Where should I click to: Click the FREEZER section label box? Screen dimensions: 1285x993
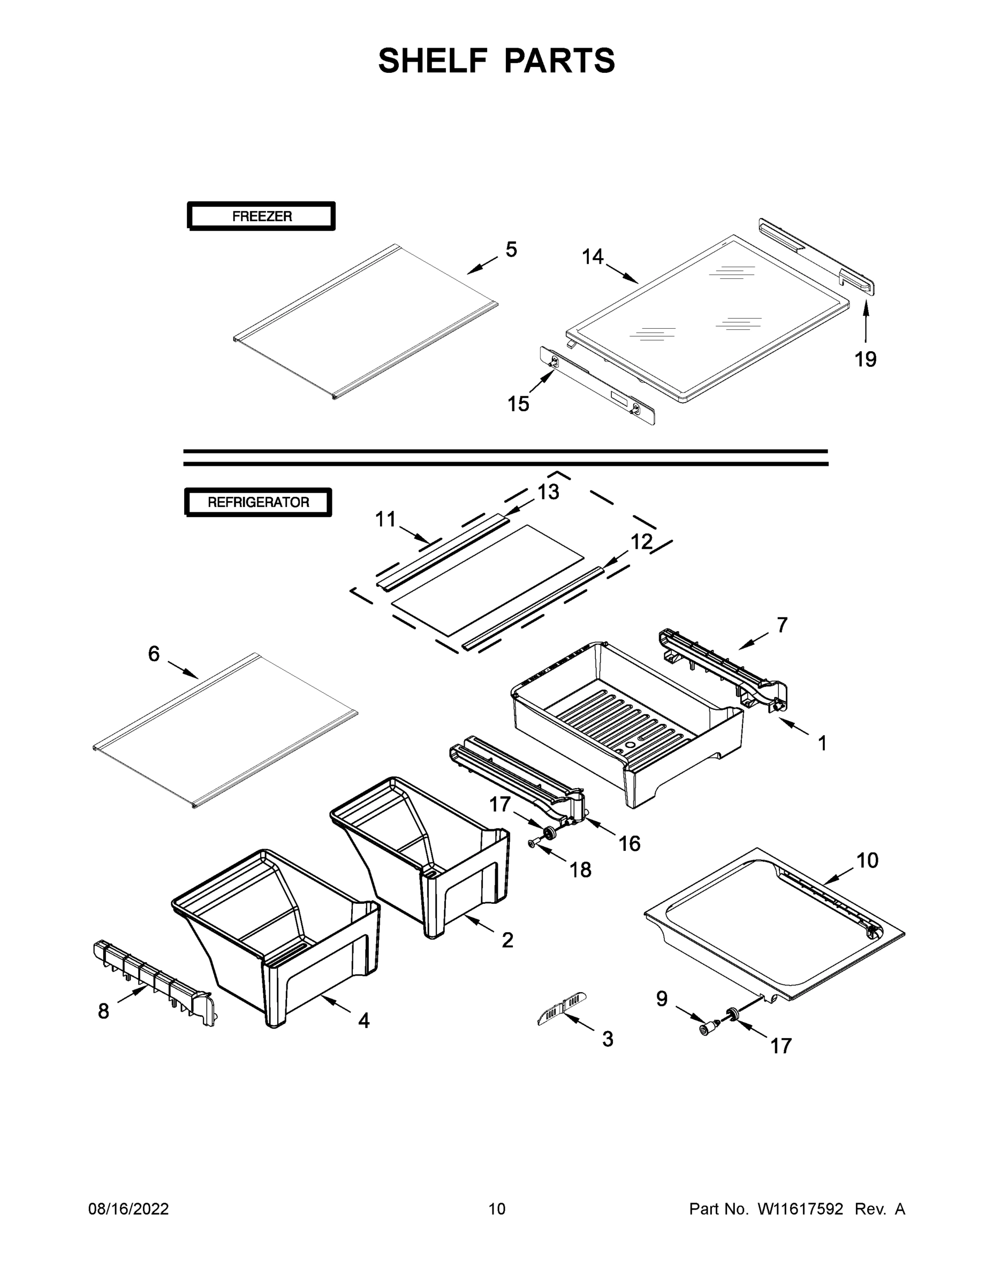pos(261,216)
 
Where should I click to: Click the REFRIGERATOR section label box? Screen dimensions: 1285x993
pos(257,502)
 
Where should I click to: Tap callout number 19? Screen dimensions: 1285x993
pos(866,359)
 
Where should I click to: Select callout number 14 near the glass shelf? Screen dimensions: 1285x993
pos(593,256)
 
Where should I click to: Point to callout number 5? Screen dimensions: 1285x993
pos(511,250)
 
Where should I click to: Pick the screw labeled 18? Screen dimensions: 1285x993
pos(533,844)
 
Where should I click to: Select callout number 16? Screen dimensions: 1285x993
pos(629,844)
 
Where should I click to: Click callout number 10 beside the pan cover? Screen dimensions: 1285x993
pos(867,860)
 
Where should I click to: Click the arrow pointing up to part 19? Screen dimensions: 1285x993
pos(866,321)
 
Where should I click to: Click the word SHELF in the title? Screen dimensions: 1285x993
pos(433,61)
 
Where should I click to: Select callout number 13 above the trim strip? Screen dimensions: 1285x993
pos(548,492)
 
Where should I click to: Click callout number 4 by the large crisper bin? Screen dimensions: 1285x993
pos(363,1020)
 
